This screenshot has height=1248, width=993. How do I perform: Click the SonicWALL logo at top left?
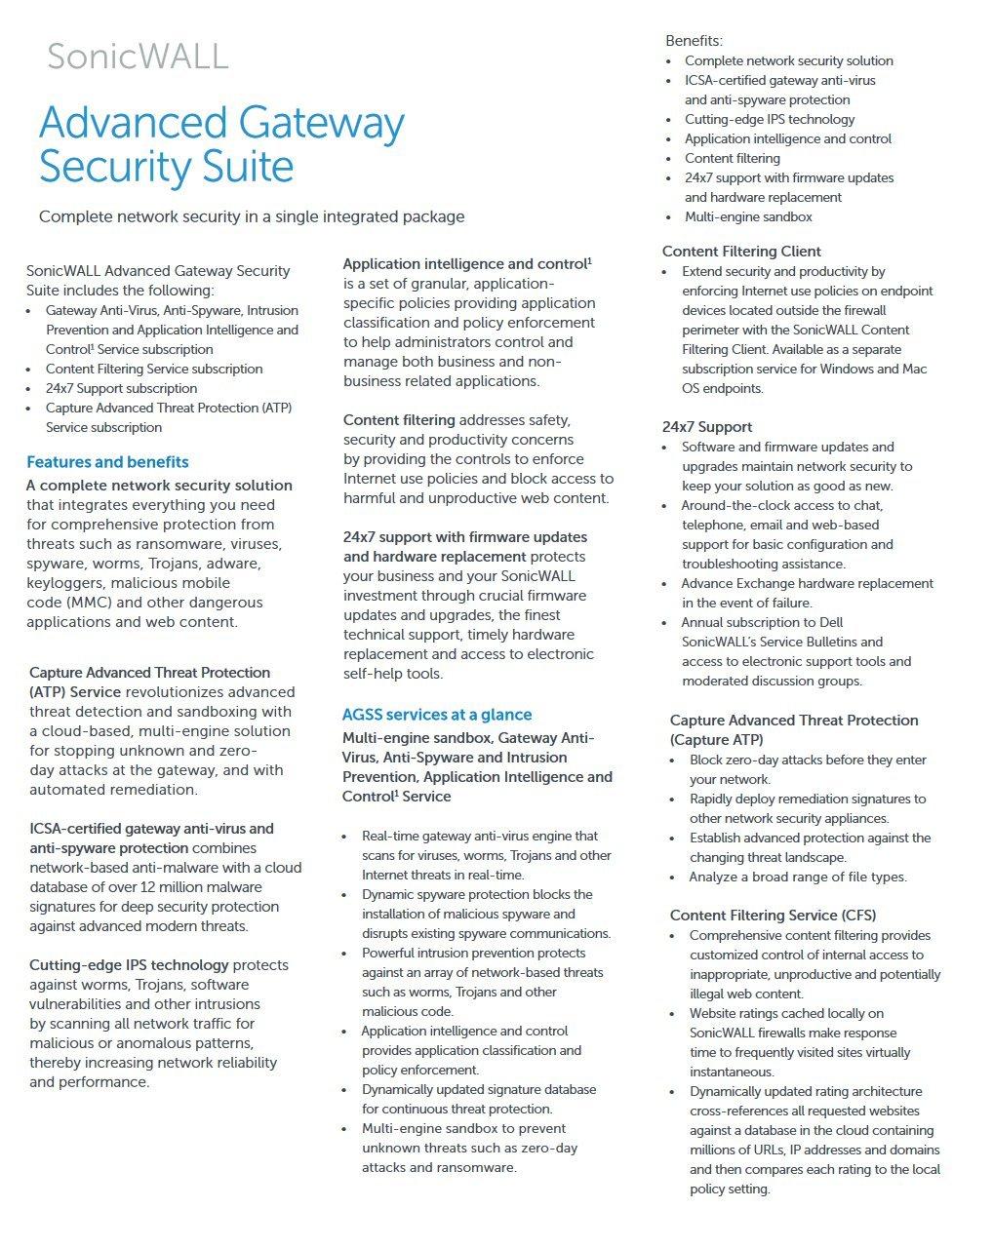[x=138, y=57]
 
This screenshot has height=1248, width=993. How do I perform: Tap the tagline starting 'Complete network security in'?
[x=252, y=216]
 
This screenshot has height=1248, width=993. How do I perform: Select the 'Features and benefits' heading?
[x=107, y=462]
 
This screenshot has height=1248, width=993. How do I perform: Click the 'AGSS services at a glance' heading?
[x=437, y=715]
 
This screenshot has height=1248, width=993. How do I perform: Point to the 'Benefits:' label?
[x=695, y=41]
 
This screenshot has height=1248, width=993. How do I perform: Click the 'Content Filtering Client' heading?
[x=741, y=252]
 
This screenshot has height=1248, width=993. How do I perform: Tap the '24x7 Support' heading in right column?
[x=707, y=427]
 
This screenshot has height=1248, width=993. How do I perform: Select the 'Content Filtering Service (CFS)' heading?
[x=773, y=916]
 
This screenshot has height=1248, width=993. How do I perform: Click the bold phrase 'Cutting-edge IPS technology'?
[x=129, y=965]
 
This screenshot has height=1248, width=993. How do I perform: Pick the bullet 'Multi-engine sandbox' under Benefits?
[x=748, y=216]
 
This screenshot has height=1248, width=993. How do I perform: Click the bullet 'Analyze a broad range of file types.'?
[x=798, y=877]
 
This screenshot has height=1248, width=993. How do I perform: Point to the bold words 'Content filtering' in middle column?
[x=399, y=420]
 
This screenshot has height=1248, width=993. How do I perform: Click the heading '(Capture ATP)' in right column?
[x=717, y=740]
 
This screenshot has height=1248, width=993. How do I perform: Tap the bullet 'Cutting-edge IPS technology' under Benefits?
[x=770, y=119]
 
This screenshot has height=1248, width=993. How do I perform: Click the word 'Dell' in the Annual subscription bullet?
[x=831, y=622]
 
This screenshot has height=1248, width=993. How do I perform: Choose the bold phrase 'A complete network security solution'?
[x=159, y=486]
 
